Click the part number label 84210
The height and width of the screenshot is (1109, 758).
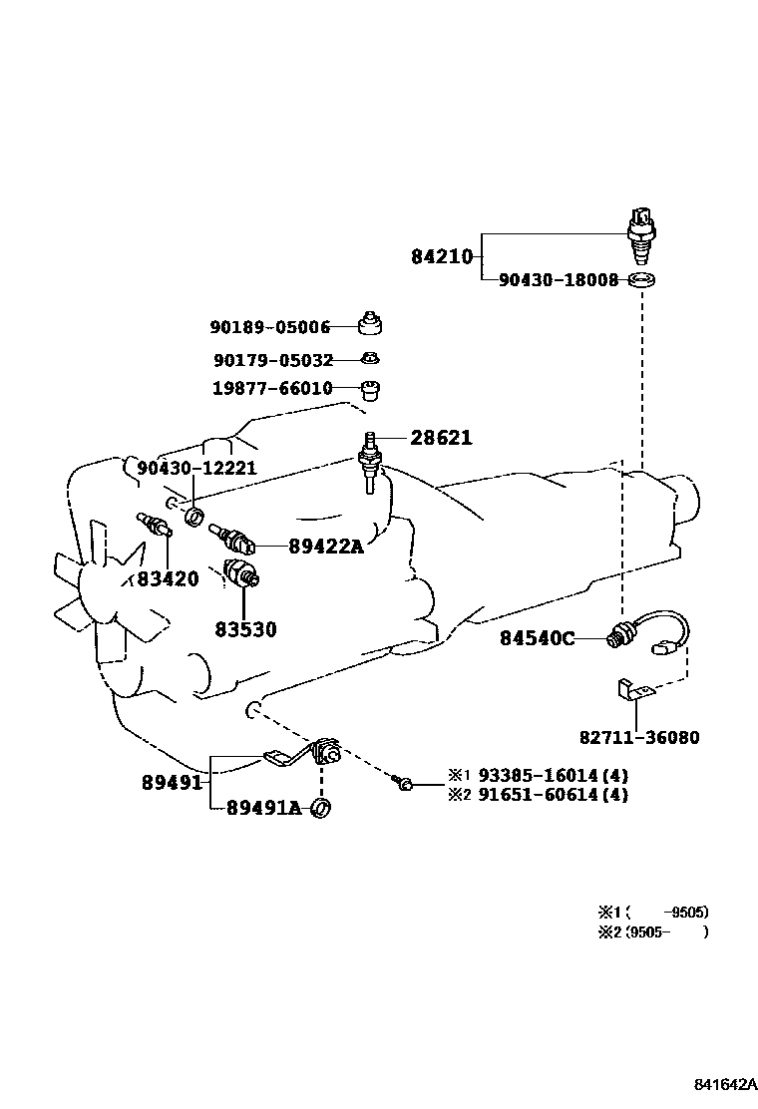(x=442, y=257)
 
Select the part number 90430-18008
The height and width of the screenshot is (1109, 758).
(x=559, y=281)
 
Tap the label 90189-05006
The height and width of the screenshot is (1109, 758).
(x=269, y=327)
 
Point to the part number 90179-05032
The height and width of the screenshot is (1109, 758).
(x=272, y=360)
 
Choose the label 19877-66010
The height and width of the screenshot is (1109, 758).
(x=271, y=389)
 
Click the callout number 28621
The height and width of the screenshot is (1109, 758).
(x=441, y=438)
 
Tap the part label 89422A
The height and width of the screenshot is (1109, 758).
(x=326, y=546)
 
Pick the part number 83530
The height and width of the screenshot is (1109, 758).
(x=245, y=630)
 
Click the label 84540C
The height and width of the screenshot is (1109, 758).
(x=537, y=638)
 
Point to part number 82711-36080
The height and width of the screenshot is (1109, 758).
(x=639, y=738)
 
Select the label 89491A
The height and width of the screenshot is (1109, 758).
(x=263, y=808)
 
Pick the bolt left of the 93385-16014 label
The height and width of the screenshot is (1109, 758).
(x=404, y=786)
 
